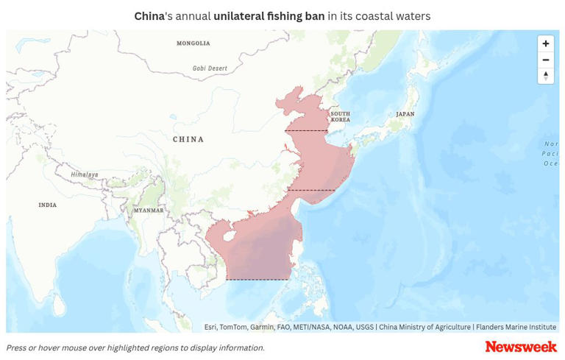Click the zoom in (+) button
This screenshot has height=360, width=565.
545,43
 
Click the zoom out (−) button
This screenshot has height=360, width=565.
545,60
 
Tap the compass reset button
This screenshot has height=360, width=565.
545,76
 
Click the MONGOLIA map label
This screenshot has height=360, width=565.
193,43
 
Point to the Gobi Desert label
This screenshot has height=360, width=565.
210,68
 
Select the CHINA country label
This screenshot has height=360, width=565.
188,139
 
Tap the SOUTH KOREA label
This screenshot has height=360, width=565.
340,116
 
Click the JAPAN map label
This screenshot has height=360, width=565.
405,114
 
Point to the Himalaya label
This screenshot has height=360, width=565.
85,174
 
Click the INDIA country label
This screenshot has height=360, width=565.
47,205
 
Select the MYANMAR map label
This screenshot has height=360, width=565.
149,210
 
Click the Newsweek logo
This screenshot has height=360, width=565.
521,347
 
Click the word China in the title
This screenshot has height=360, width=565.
149,16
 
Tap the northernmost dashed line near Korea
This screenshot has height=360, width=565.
306,131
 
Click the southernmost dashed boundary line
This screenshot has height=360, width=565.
257,280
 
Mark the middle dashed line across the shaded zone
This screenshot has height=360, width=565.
310,191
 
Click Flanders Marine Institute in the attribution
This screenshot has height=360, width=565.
516,328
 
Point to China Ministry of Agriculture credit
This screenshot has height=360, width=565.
424,328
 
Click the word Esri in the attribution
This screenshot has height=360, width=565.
210,328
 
